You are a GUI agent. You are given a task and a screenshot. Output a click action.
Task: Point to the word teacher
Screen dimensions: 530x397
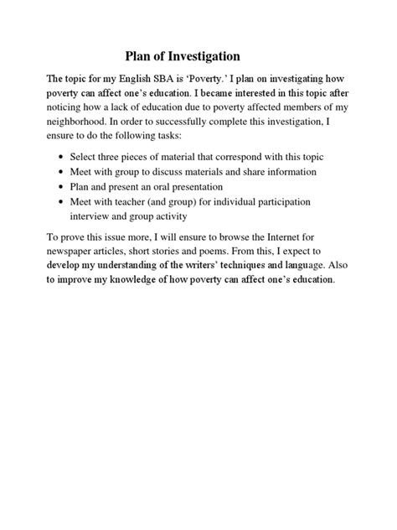tap(144, 201)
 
